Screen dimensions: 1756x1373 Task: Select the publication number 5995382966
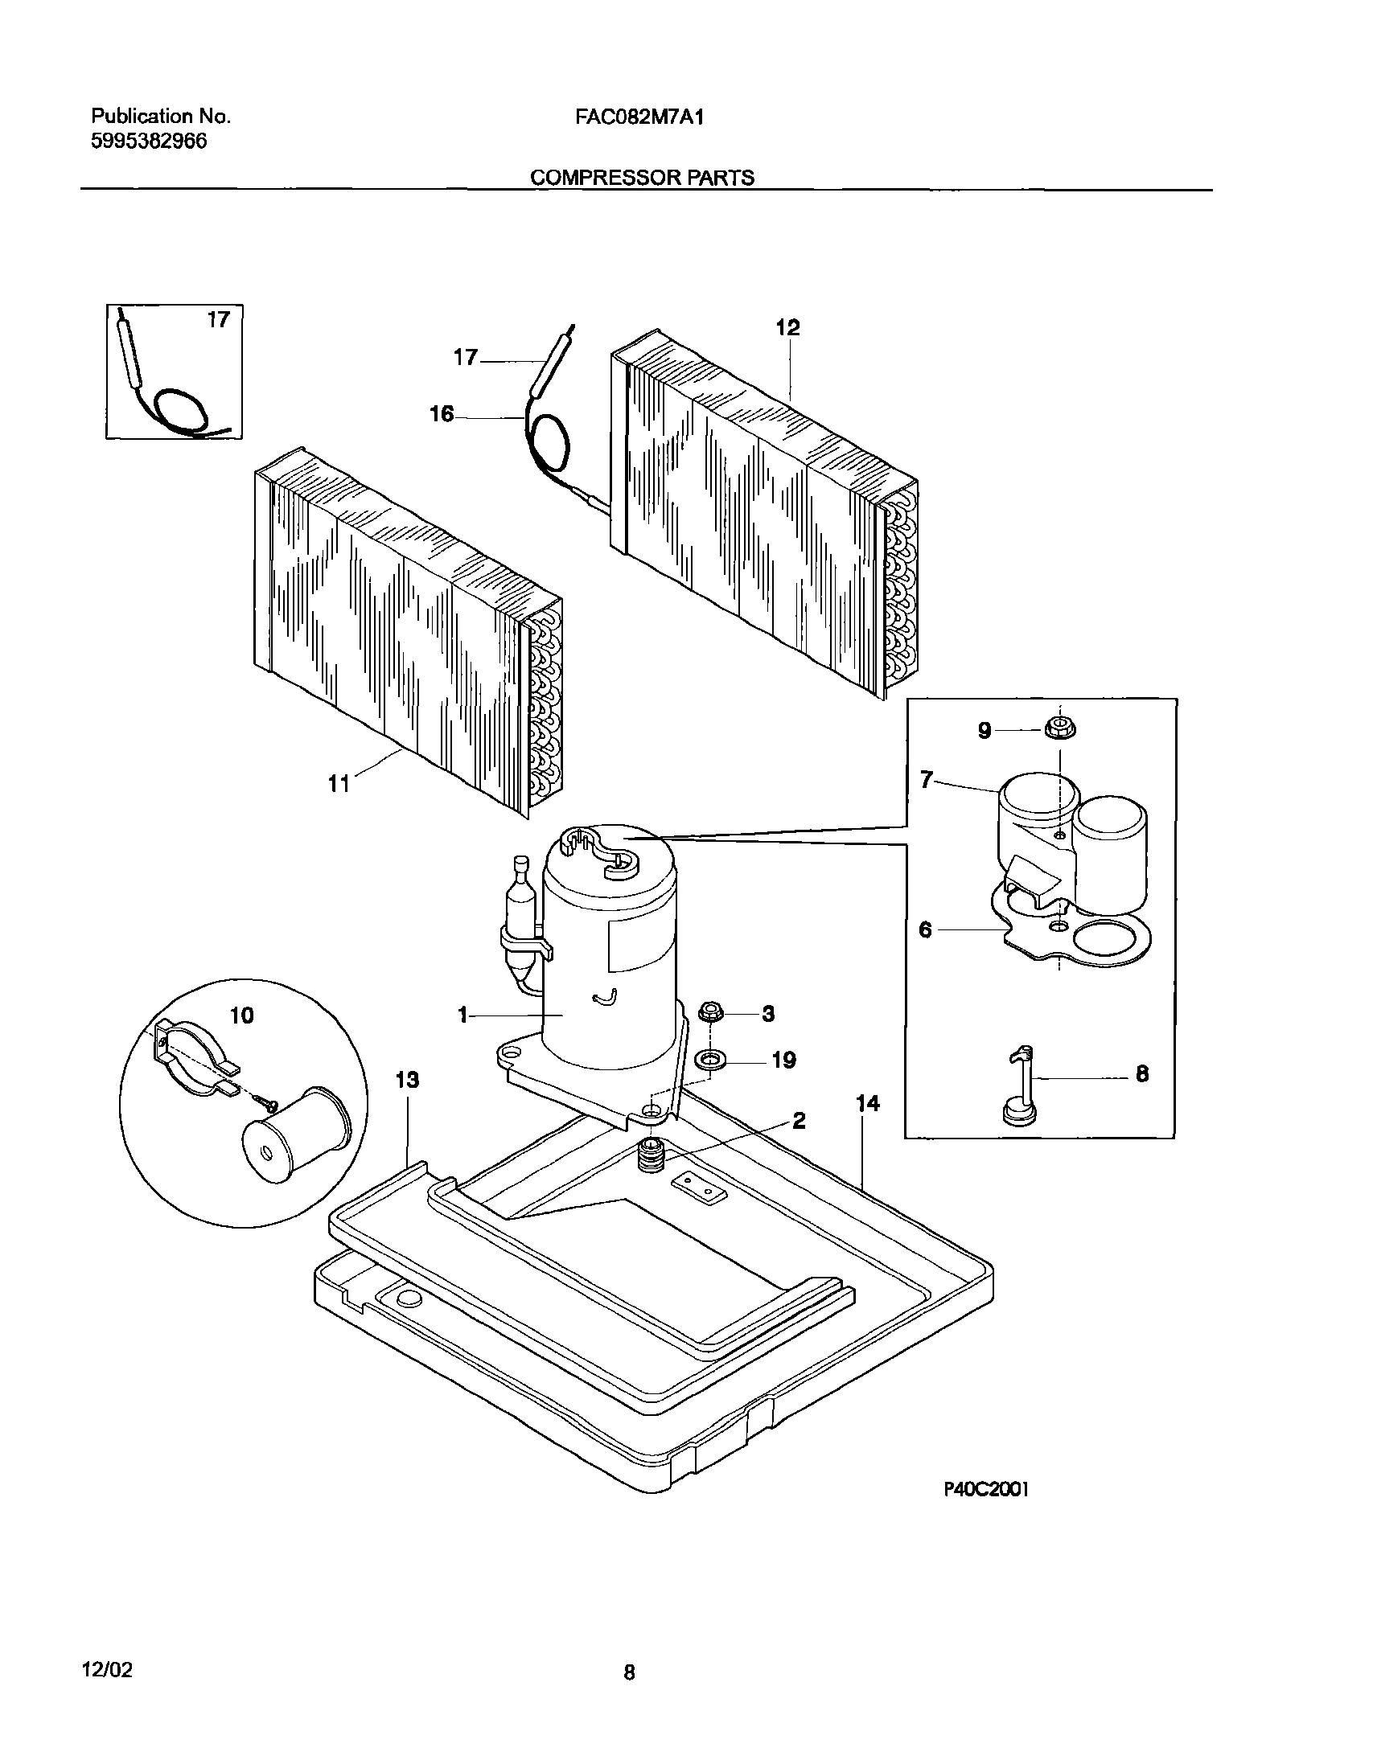pyautogui.click(x=149, y=142)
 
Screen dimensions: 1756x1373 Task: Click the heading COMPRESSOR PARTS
pyautogui.click(x=642, y=178)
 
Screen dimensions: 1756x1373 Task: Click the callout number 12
pyautogui.click(x=787, y=328)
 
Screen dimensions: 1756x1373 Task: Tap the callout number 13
pyautogui.click(x=407, y=1080)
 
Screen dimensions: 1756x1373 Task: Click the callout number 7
pyautogui.click(x=927, y=779)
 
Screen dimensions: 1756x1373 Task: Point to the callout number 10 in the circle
pyautogui.click(x=241, y=1015)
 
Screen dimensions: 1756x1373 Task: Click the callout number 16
pyautogui.click(x=442, y=415)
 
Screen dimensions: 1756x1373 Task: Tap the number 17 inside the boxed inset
pyautogui.click(x=218, y=320)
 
